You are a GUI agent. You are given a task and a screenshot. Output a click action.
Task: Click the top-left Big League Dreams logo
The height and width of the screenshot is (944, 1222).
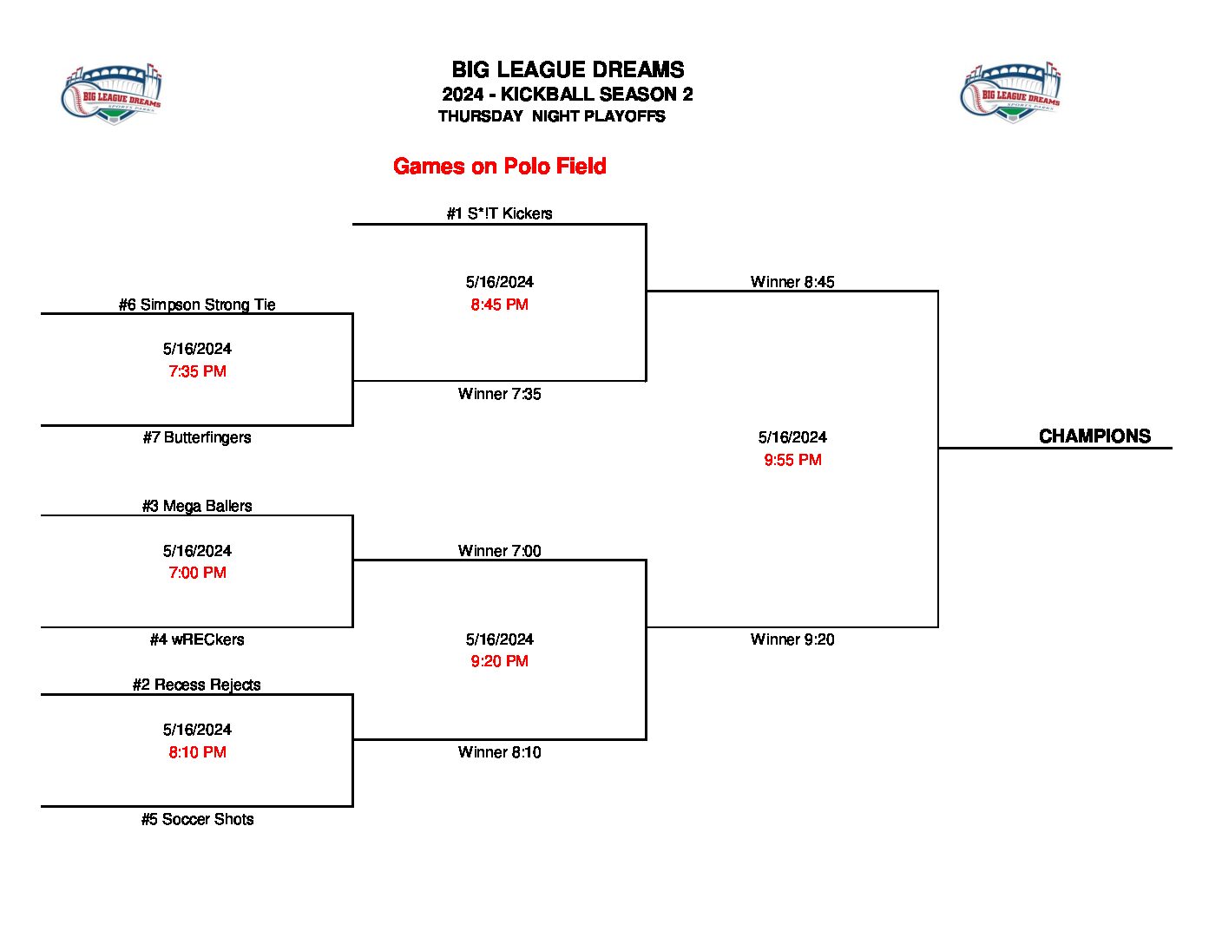(112, 94)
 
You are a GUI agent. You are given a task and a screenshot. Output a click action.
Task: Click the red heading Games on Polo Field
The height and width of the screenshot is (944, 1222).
(499, 167)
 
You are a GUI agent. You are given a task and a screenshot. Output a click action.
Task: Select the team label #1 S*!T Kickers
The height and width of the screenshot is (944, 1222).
(499, 213)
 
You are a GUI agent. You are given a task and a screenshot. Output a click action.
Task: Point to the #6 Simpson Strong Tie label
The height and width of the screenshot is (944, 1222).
(197, 305)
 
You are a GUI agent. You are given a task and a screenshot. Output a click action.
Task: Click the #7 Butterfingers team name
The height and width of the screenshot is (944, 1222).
(197, 437)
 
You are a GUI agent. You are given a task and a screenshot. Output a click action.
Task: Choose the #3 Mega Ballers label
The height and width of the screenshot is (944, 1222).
(197, 506)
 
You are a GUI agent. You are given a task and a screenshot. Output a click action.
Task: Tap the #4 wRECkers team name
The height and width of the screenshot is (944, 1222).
(197, 639)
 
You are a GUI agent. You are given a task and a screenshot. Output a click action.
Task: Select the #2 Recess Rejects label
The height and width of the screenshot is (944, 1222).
(197, 685)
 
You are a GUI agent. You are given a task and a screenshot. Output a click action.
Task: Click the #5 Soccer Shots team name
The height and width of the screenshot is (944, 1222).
(197, 819)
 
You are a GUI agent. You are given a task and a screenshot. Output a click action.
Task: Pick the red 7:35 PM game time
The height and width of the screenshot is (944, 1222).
(197, 371)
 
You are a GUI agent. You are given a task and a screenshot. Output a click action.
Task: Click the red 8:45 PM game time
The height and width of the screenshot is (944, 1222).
(499, 305)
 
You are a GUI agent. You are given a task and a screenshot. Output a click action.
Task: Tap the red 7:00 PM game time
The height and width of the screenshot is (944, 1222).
(197, 573)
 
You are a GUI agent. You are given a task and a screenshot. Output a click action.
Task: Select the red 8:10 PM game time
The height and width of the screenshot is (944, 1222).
(197, 752)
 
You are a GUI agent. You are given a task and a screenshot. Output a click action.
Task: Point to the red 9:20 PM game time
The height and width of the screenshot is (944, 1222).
(499, 661)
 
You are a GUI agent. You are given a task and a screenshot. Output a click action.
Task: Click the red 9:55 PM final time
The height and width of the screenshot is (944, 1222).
(792, 460)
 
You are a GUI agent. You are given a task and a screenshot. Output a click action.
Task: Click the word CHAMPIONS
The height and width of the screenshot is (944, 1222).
(1094, 436)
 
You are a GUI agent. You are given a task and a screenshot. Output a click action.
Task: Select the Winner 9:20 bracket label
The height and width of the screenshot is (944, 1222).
(792, 639)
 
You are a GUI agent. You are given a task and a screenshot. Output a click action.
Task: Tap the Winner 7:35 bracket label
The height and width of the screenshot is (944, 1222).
(499, 394)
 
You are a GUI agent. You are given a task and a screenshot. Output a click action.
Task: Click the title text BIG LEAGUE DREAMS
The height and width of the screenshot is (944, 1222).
(568, 70)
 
